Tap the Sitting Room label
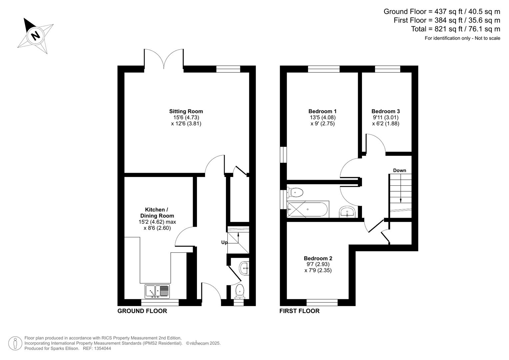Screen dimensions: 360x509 [186, 111]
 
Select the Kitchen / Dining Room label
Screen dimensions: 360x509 [157, 213]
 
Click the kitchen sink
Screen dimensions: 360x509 [157, 291]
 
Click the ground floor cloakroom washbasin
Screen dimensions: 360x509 [244, 268]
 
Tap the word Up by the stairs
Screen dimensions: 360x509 [224, 242]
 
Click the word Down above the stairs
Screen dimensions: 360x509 [399, 170]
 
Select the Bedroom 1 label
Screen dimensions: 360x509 [322, 111]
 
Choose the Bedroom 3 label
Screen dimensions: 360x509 [386, 111]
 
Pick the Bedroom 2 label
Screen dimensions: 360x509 [318, 258]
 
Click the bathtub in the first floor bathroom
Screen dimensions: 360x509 [308, 209]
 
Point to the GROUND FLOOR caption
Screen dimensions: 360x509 [142, 311]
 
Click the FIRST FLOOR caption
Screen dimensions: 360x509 [299, 311]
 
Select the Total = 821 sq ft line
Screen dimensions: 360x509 [455, 29]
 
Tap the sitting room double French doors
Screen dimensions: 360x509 [164, 60]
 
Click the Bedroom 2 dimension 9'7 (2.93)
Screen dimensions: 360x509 [318, 264]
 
